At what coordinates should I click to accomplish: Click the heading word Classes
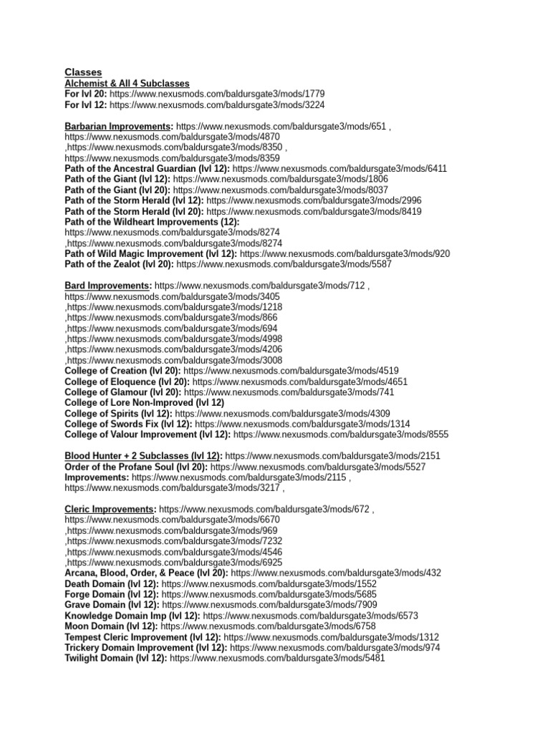coord(83,72)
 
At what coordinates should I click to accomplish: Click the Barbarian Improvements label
coord(118,126)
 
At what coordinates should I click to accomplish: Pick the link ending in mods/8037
coord(281,190)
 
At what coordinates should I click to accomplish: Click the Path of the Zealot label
coord(119,264)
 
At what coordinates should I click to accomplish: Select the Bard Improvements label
coord(107,286)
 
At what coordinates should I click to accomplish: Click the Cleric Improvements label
coord(110,509)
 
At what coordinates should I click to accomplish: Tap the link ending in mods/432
coord(336,573)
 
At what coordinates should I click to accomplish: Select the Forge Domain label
coord(111,594)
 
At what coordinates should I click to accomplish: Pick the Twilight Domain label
coord(115,658)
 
